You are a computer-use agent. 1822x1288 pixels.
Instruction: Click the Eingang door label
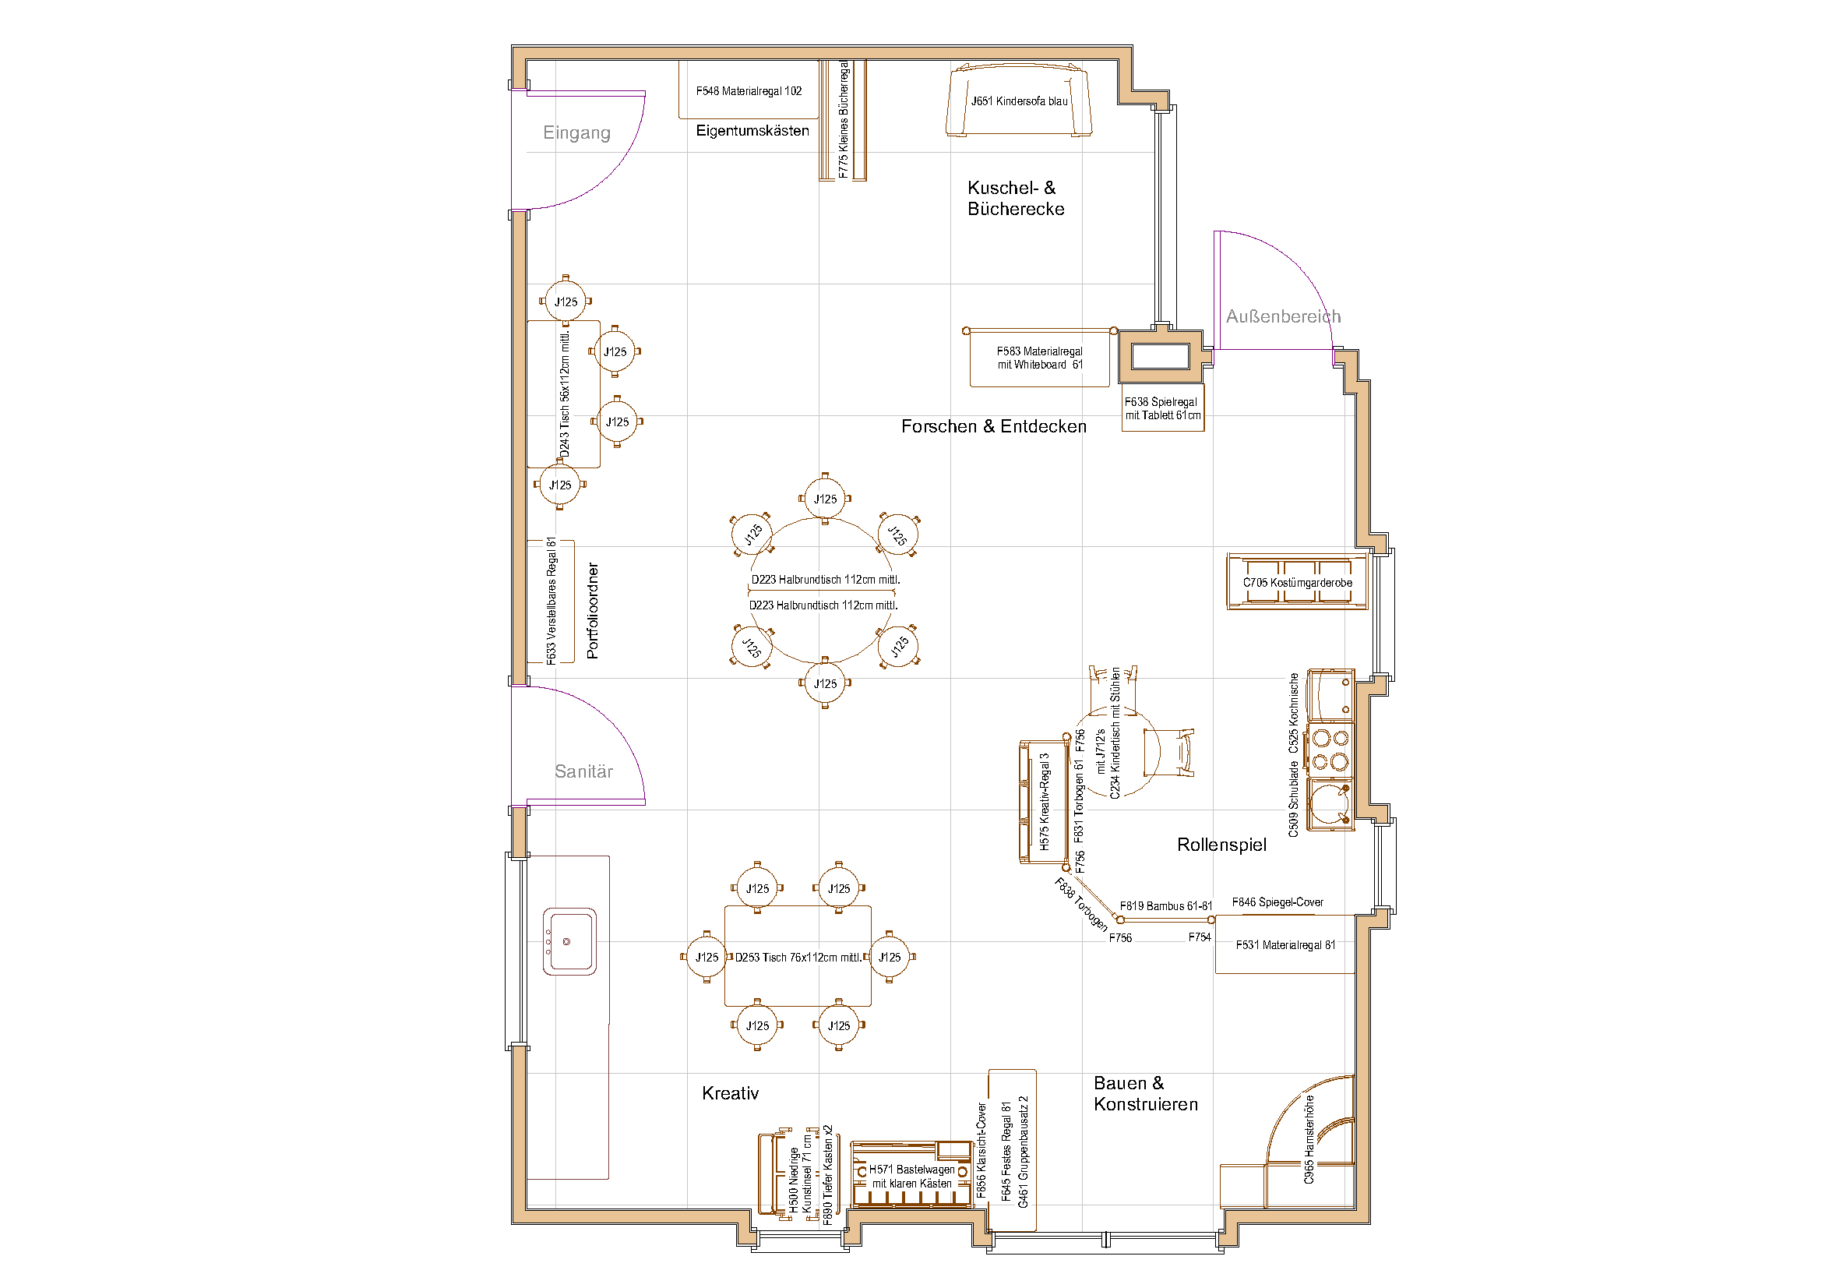pyautogui.click(x=576, y=132)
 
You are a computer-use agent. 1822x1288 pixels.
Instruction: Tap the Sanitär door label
pyautogui.click(x=583, y=771)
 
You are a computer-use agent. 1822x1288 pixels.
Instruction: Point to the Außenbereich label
pyautogui.click(x=1282, y=316)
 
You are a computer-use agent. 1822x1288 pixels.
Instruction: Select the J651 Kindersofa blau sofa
pyautogui.click(x=1018, y=101)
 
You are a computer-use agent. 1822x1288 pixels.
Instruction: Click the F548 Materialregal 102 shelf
pyautogui.click(x=749, y=90)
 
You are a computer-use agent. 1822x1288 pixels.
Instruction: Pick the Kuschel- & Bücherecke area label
pyautogui.click(x=1015, y=199)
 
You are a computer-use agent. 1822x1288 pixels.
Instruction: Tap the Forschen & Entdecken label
pyautogui.click(x=992, y=426)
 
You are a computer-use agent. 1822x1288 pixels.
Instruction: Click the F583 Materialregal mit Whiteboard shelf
pyautogui.click(x=1039, y=358)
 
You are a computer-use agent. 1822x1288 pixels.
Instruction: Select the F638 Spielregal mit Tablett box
pyautogui.click(x=1161, y=409)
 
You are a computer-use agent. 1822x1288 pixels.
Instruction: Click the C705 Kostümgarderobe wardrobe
pyautogui.click(x=1297, y=583)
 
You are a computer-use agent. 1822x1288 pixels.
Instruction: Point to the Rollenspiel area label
pyautogui.click(x=1221, y=845)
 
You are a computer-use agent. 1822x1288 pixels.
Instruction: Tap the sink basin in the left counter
pyautogui.click(x=569, y=942)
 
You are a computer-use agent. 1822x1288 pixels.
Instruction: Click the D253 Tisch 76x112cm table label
pyautogui.click(x=797, y=957)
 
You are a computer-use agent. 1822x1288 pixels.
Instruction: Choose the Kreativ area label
pyautogui.click(x=729, y=1093)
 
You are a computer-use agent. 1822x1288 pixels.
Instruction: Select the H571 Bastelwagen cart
pyautogui.click(x=911, y=1176)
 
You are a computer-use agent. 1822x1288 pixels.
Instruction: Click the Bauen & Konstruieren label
pyautogui.click(x=1144, y=1093)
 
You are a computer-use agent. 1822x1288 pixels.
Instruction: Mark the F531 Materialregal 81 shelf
pyautogui.click(x=1284, y=945)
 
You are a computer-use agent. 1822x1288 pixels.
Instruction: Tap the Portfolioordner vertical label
pyautogui.click(x=593, y=610)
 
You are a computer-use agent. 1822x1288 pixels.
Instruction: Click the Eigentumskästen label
pyautogui.click(x=752, y=131)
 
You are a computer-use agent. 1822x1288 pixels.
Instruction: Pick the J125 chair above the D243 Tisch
pyautogui.click(x=565, y=302)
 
